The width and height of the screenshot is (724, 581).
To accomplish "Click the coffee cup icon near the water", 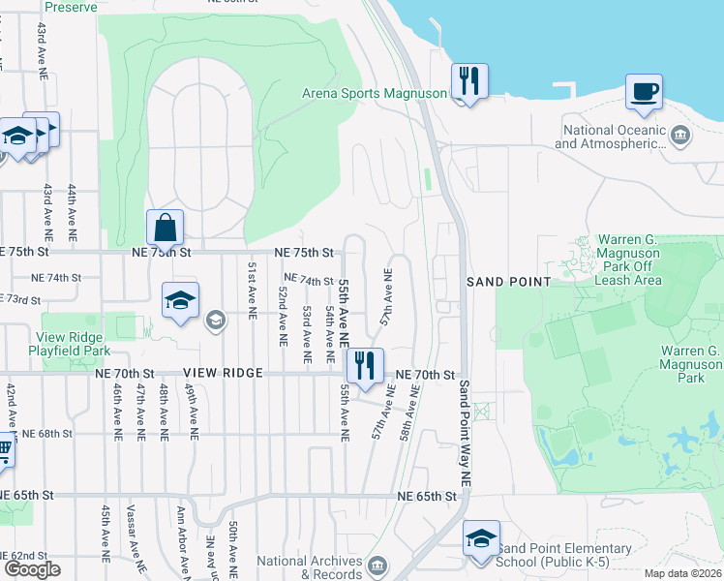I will tap(644, 93).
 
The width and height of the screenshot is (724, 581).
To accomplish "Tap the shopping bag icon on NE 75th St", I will tap(166, 229).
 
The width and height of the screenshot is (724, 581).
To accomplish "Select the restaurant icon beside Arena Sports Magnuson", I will tap(469, 82).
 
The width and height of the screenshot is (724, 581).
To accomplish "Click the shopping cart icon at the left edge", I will tap(4, 450).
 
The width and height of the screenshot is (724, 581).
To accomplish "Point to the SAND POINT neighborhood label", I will tap(509, 282).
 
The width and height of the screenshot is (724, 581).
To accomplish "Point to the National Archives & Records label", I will tap(310, 566).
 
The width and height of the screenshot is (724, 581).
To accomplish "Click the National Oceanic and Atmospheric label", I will tap(610, 138).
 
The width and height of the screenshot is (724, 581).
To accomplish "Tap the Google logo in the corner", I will tap(32, 568).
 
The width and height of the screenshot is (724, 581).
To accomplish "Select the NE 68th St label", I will tap(46, 434).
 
